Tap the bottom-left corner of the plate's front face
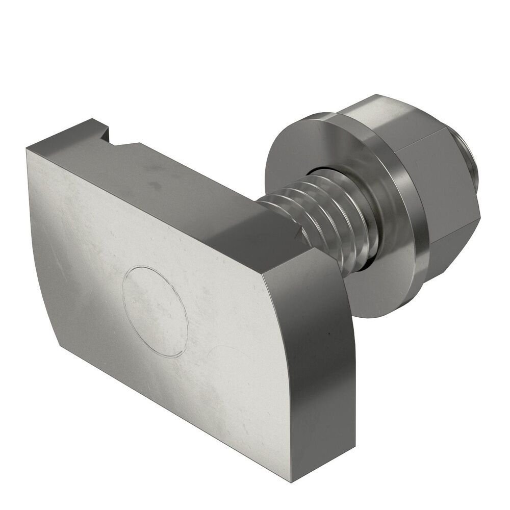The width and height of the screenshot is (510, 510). (60, 347)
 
